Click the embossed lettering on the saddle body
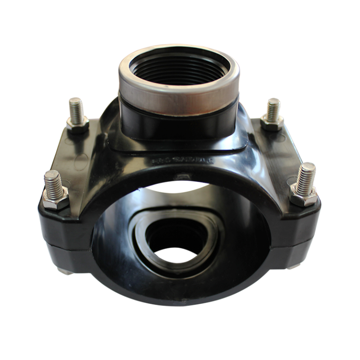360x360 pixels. (182, 160)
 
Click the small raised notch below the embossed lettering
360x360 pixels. (180, 176)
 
